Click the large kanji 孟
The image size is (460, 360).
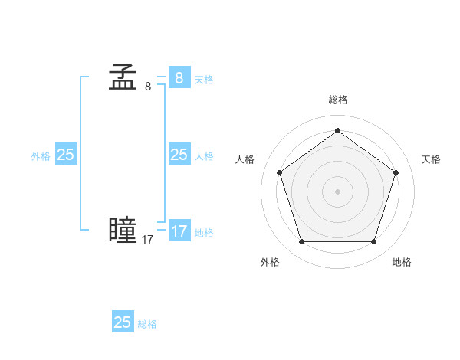[122, 78]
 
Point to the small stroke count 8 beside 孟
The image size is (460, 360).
[148, 87]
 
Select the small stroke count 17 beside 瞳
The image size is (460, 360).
[148, 240]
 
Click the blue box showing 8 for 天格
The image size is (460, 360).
[179, 78]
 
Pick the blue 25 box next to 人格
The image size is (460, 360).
[179, 155]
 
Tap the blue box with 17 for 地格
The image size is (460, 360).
[179, 231]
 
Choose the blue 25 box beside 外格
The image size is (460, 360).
[66, 155]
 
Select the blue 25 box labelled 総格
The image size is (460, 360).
[123, 322]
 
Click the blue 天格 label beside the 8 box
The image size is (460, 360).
[204, 80]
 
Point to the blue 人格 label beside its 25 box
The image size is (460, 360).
[204, 156]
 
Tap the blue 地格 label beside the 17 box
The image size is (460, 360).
[204, 233]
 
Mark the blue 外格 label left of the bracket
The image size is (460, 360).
[41, 156]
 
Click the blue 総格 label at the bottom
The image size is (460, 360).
[147, 324]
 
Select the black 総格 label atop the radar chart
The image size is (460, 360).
[337, 100]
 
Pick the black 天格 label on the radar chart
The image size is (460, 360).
[431, 159]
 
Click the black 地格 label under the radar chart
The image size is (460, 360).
[402, 262]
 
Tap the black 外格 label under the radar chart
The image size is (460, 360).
[270, 262]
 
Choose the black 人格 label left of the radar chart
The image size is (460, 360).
[245, 159]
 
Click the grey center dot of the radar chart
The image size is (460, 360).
[337, 191]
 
